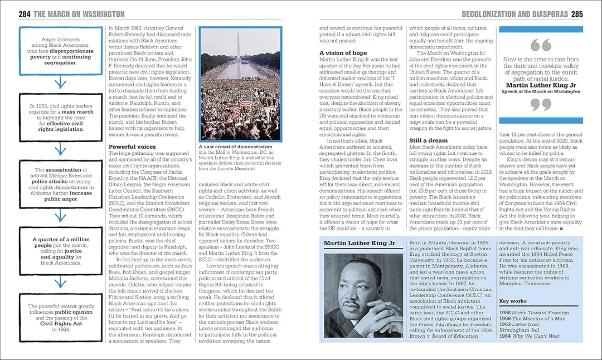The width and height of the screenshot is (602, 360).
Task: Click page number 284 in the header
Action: (x=24, y=14)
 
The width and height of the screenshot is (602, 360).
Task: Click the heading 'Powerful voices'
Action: (x=132, y=147)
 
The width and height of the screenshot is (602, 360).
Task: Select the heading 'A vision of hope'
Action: (x=343, y=53)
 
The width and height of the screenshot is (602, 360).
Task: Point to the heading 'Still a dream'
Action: (x=428, y=140)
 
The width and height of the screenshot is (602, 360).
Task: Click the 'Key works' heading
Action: (x=512, y=301)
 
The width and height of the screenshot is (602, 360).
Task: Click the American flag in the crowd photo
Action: (x=245, y=101)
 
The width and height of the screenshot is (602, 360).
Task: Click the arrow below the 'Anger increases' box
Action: (x=60, y=84)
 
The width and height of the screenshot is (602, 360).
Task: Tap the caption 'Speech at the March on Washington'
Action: (x=540, y=91)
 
